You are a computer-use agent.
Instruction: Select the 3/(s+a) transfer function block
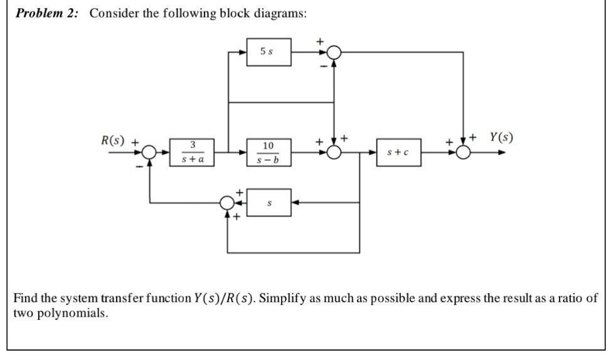coord(191,153)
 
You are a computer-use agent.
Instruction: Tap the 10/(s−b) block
coord(268,153)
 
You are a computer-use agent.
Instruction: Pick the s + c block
coord(398,152)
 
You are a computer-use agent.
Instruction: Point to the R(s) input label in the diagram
coord(114,139)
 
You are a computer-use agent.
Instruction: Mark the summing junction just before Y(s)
coord(463,152)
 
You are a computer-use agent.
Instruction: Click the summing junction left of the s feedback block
coord(228,203)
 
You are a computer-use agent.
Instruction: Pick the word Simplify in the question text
coord(282,298)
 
